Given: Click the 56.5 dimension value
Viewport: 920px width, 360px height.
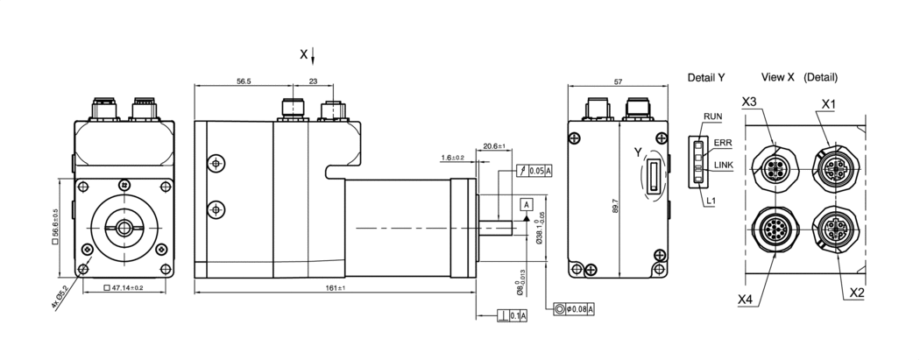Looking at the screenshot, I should click(244, 81).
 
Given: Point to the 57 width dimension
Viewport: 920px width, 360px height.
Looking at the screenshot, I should click(618, 81).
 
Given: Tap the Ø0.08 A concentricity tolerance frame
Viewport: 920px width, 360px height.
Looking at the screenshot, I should click(575, 308).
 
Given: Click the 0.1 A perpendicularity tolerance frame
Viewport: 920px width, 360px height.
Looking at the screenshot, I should click(512, 315).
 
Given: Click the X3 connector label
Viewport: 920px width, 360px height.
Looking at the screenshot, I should click(749, 102).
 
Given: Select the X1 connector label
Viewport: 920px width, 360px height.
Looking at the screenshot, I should click(828, 103).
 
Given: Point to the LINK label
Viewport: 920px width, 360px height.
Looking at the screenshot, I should click(725, 165).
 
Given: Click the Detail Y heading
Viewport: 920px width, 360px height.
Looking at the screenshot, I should click(706, 77).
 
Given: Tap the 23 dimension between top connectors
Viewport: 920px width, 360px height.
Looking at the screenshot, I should click(314, 81).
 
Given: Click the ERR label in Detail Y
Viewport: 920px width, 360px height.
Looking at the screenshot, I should click(723, 143).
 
